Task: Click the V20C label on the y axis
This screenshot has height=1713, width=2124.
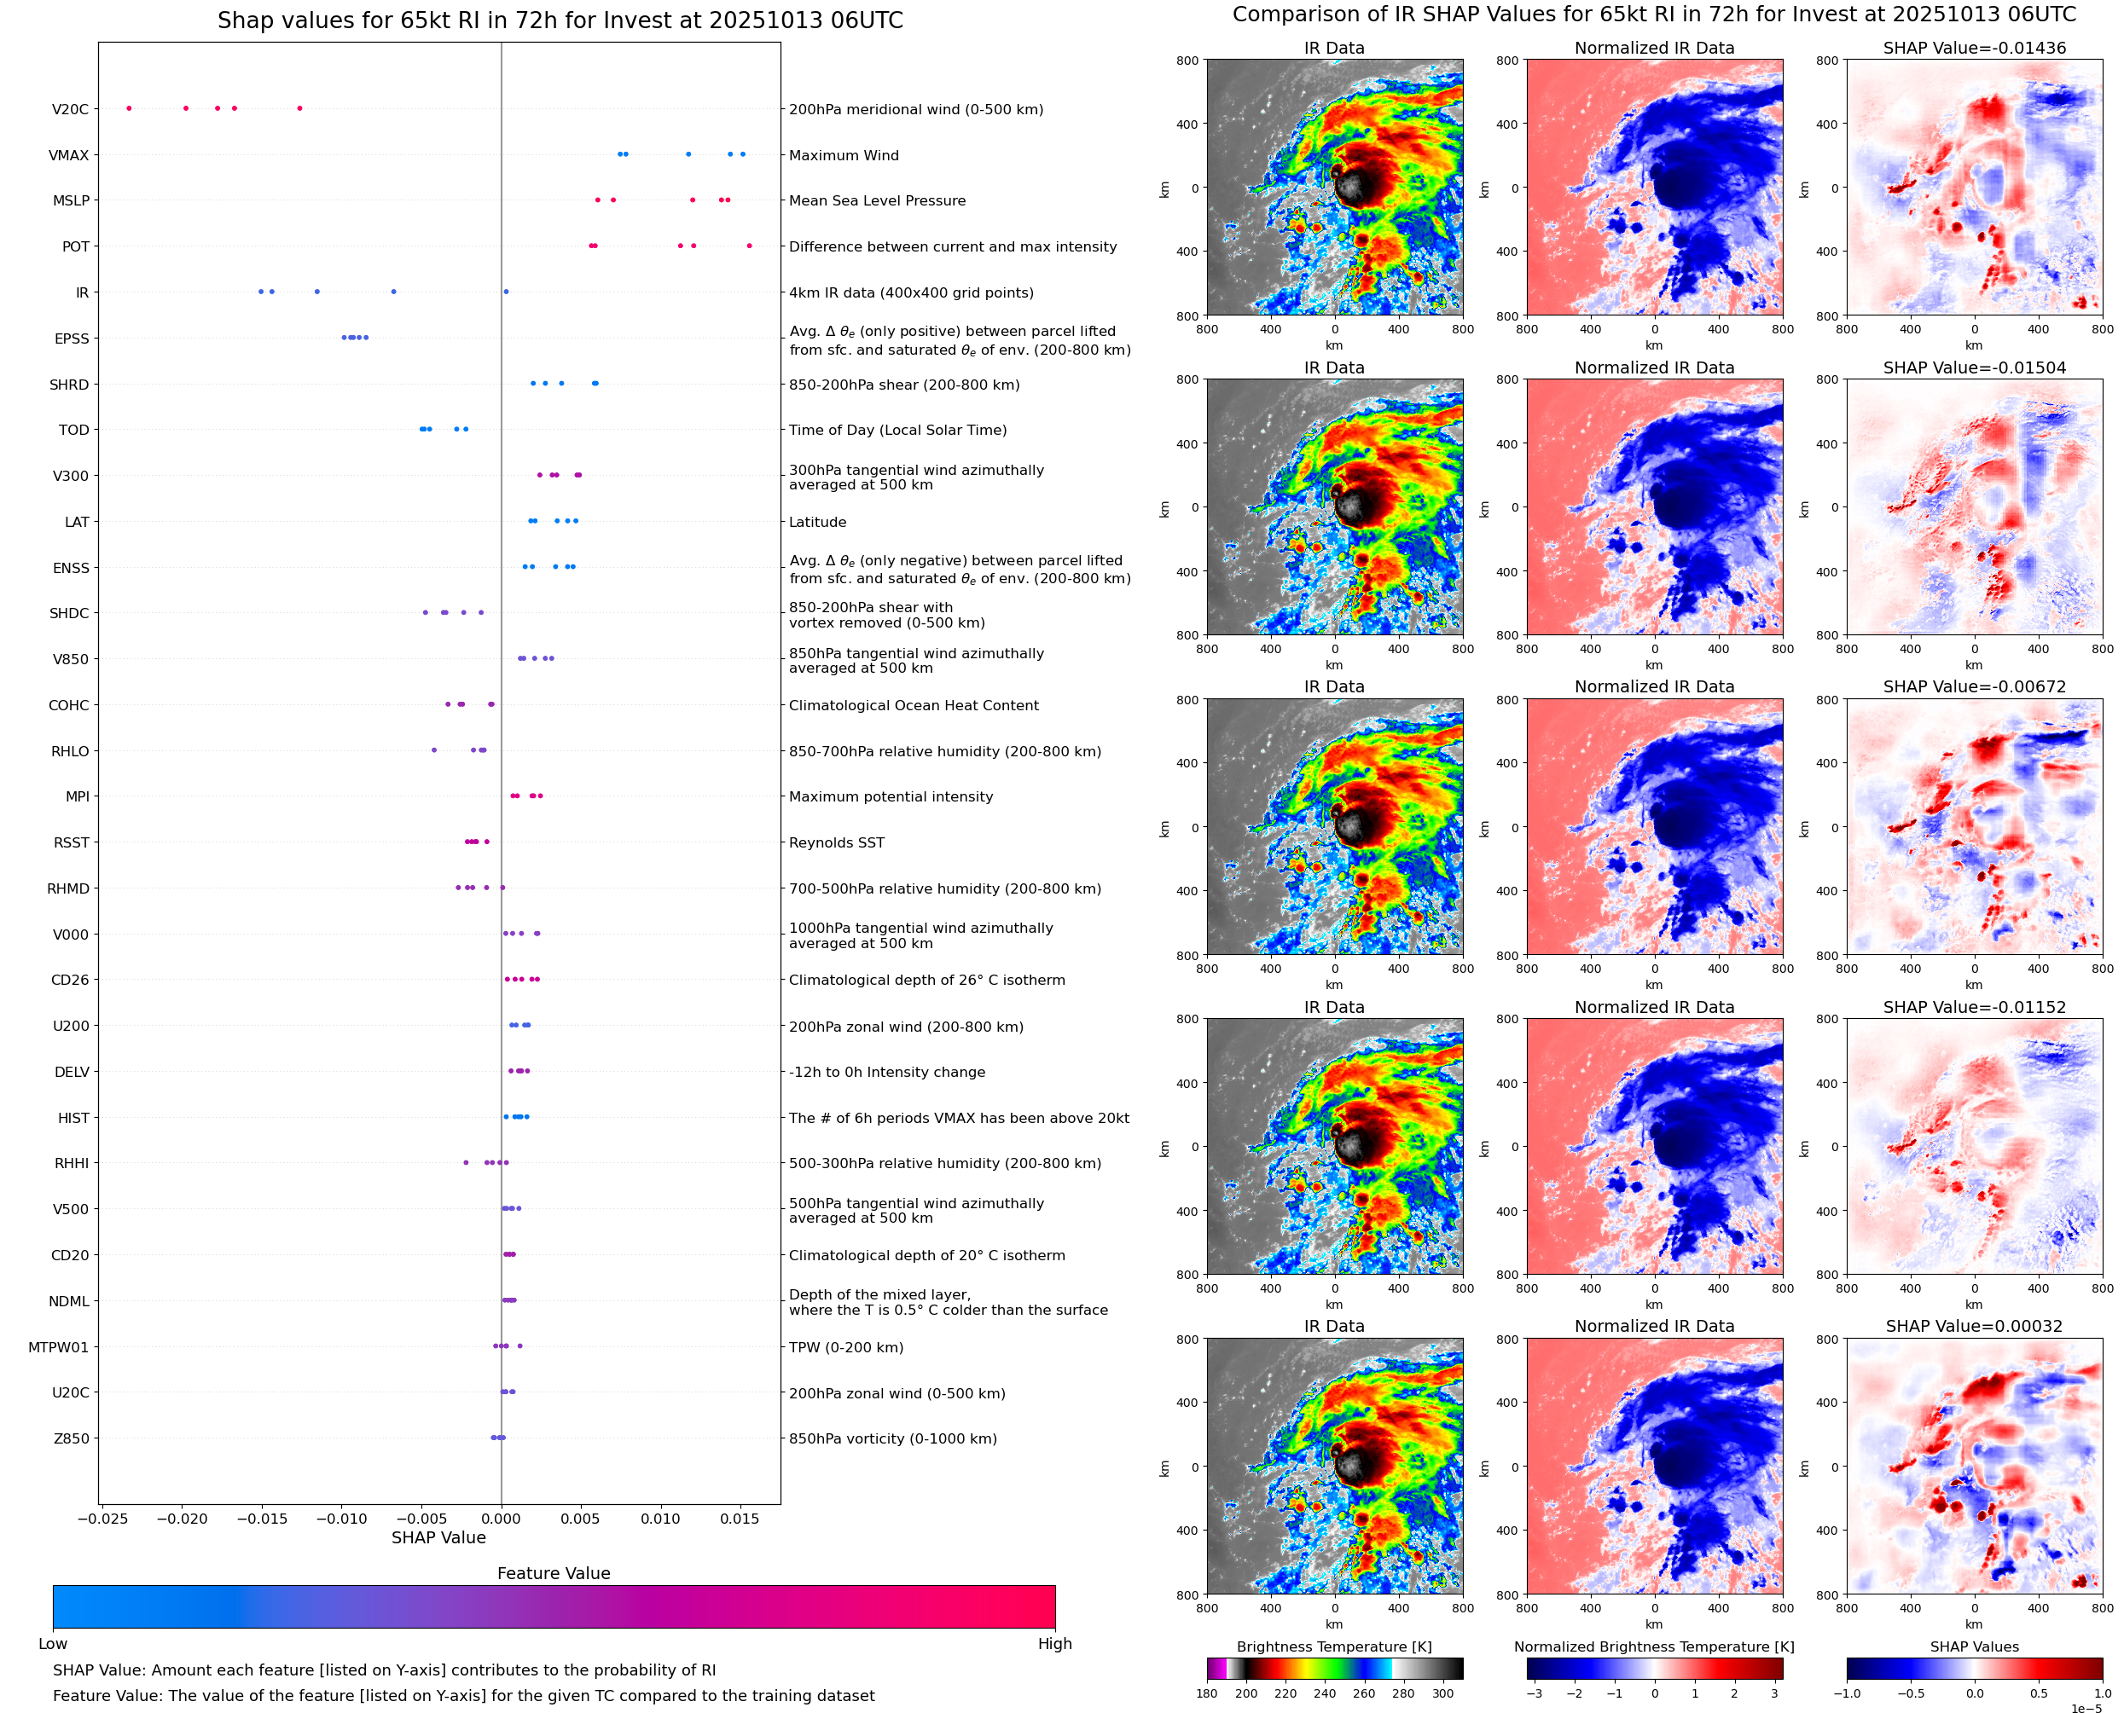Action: (x=70, y=109)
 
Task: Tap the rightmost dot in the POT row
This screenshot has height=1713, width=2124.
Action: (x=749, y=246)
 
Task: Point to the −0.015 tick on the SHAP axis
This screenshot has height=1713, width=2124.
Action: (x=262, y=1519)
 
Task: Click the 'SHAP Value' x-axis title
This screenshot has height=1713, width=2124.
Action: (x=438, y=1537)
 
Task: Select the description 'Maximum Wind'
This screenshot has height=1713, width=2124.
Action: (x=844, y=155)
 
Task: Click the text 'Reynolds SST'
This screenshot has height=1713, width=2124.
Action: (x=837, y=842)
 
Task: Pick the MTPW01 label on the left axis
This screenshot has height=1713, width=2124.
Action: (x=58, y=1347)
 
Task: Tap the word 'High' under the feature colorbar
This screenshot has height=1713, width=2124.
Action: (x=1054, y=1643)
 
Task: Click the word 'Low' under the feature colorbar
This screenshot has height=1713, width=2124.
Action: (x=53, y=1643)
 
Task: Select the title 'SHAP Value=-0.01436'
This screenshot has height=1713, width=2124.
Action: (x=1974, y=48)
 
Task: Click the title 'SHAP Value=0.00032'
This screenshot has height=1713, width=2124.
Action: (x=1974, y=1326)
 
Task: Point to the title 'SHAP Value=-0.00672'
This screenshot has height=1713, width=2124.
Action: (x=1974, y=686)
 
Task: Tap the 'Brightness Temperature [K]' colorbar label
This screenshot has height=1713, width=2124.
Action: (x=1334, y=1646)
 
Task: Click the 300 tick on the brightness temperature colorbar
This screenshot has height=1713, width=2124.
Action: (x=1443, y=1693)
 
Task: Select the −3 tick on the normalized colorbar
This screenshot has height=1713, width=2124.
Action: (x=1534, y=1693)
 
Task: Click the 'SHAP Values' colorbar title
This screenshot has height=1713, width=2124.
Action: (x=1974, y=1646)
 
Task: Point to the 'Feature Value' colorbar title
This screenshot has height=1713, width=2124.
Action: (x=554, y=1573)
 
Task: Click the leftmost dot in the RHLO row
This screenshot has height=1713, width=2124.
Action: (x=434, y=750)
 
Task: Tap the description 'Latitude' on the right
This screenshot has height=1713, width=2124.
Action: (x=817, y=522)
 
